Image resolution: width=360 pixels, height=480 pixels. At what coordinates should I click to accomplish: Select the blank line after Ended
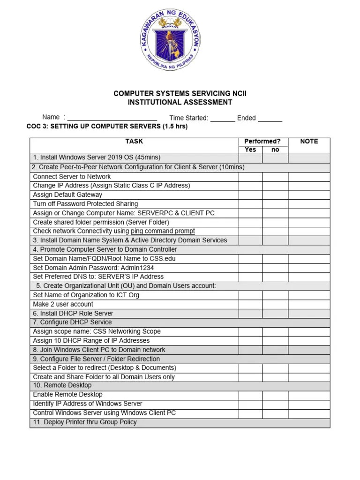(270, 119)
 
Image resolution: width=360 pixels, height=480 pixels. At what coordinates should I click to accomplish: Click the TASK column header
(134, 141)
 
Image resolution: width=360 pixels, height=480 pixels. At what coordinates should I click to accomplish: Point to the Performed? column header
(262, 141)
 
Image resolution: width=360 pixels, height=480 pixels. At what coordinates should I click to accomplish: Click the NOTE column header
(309, 141)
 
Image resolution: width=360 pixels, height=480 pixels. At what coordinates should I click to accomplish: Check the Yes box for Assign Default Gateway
(250, 195)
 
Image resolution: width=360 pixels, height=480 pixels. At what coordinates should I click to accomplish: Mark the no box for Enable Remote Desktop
(275, 395)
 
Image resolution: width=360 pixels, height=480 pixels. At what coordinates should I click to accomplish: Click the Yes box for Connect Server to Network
(250, 177)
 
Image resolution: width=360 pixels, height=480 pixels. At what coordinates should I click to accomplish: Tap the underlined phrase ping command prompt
(163, 231)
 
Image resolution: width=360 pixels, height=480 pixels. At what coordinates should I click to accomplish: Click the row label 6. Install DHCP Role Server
(73, 313)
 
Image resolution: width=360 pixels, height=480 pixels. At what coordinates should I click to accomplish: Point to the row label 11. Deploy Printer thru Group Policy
(85, 422)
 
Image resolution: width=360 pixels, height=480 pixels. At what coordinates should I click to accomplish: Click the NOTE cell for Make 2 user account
(309, 304)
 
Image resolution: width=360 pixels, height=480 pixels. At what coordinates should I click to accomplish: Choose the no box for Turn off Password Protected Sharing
(275, 204)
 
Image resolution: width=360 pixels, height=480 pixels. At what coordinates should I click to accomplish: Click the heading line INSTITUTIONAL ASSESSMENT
(180, 102)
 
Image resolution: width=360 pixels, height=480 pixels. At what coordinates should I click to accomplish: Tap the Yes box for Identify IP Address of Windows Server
(250, 404)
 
